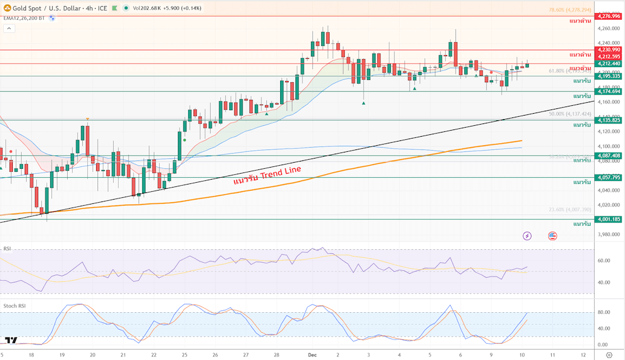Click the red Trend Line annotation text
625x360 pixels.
pyautogui.click(x=267, y=173)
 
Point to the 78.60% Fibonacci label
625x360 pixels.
pyautogui.click(x=569, y=10)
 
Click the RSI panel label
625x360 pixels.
pyautogui.click(x=7, y=248)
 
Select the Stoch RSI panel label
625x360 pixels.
pyautogui.click(x=15, y=306)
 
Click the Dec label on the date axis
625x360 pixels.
pyautogui.click(x=312, y=355)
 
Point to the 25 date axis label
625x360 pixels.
pyautogui.click(x=184, y=355)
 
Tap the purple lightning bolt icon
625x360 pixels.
pyautogui.click(x=528, y=235)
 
